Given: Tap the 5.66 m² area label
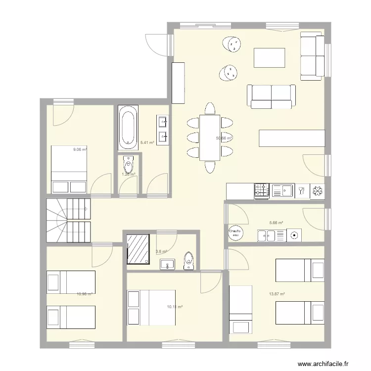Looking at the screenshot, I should (276, 223).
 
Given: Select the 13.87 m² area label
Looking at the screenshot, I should (277, 294).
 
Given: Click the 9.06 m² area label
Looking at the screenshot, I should (80, 149).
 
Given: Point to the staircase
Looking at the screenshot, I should (69, 221).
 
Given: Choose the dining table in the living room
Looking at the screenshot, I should (210, 138).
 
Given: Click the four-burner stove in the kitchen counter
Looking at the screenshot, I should (262, 191).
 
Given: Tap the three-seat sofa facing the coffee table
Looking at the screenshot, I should (272, 96).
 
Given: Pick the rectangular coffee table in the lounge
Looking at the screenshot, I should (269, 57).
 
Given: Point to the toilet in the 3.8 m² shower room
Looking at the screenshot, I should (188, 260).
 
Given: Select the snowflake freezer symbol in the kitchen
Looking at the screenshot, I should (317, 191).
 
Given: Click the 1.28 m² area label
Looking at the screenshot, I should (129, 174).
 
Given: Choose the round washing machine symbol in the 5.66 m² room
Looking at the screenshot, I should (294, 235).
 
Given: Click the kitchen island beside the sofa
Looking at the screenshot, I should (292, 138).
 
